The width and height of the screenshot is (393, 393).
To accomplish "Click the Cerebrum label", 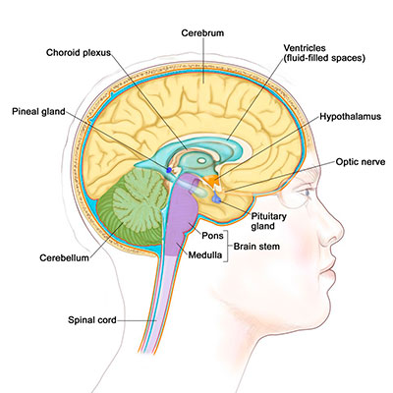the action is point(202,33).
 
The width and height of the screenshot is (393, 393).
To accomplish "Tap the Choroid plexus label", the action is point(79,53).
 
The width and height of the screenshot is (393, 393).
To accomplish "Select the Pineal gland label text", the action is point(38,112).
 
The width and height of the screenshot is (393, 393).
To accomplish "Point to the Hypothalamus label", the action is point(351,117).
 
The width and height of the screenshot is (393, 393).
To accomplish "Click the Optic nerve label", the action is point(361,162).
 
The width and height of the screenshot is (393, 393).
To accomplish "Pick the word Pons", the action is point(212,236).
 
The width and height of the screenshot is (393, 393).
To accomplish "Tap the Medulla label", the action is point(205,254).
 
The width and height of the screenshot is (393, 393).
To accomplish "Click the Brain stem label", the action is point(256,247).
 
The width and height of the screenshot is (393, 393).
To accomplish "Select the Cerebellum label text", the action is point(64,257).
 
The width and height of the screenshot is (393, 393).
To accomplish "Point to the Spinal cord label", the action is point(92,319).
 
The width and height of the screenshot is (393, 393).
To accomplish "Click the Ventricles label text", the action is point(305,48).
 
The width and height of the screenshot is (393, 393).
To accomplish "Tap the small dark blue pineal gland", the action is point(169,170).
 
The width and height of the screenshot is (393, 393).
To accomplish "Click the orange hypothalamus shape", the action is point(212,180).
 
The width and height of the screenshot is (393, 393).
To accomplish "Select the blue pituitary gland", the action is point(216,197).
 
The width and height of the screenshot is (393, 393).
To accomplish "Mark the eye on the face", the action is point(307,193).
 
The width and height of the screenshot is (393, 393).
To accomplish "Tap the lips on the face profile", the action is point(329,273).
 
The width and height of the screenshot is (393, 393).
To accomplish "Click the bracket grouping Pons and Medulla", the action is point(227,247).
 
